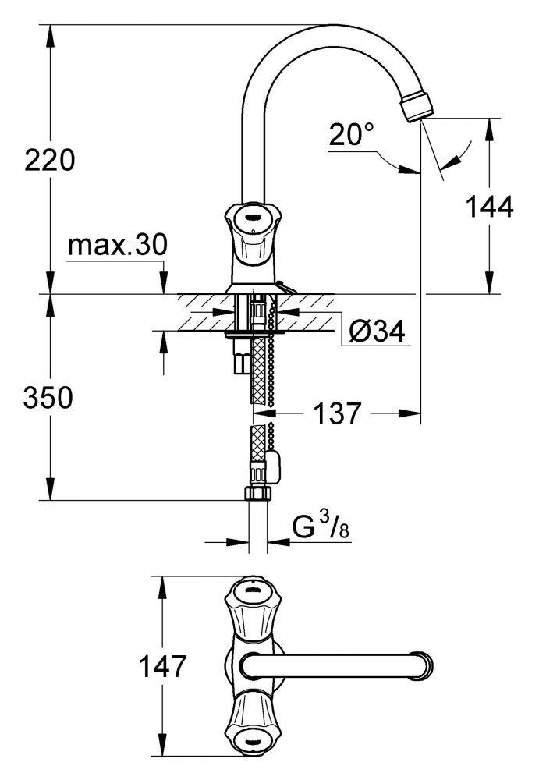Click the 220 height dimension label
tap(50, 160)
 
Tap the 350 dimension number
tap(48, 398)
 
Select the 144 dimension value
tap(489, 207)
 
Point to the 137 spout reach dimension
tap(337, 413)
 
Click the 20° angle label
tap(351, 134)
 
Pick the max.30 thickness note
tap(118, 244)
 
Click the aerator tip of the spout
tap(417, 105)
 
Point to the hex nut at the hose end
tap(258, 494)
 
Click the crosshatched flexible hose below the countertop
tap(258, 369)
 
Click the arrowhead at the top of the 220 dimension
tap(50, 36)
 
